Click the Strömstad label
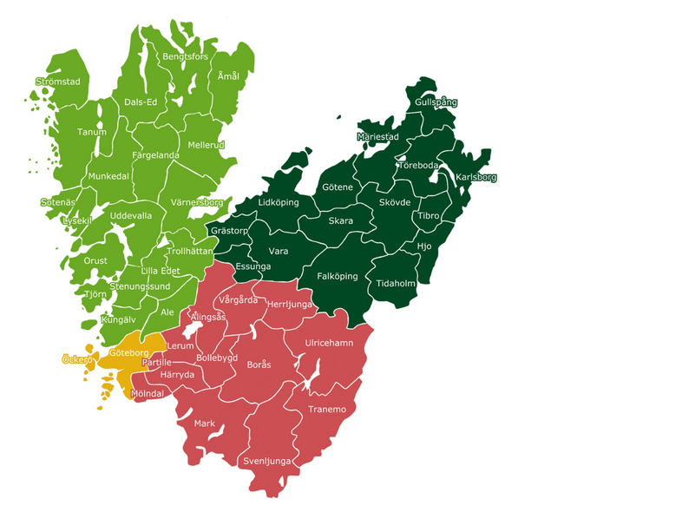point(57,82)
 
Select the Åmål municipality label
point(228,76)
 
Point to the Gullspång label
point(436,102)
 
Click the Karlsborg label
point(476,178)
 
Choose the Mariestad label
point(377,137)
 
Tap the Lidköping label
point(279,202)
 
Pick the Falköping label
point(338,276)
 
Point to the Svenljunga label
point(268,461)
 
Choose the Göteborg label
point(130,353)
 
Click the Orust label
point(95,260)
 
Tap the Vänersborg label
point(197,202)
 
